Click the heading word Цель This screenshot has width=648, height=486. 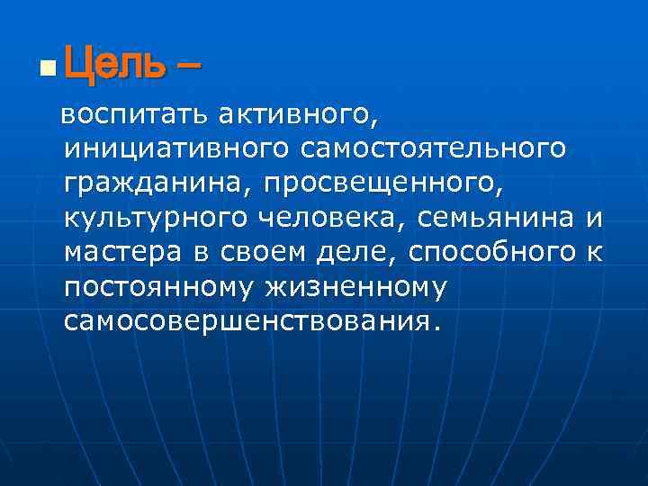pyautogui.click(x=115, y=64)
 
